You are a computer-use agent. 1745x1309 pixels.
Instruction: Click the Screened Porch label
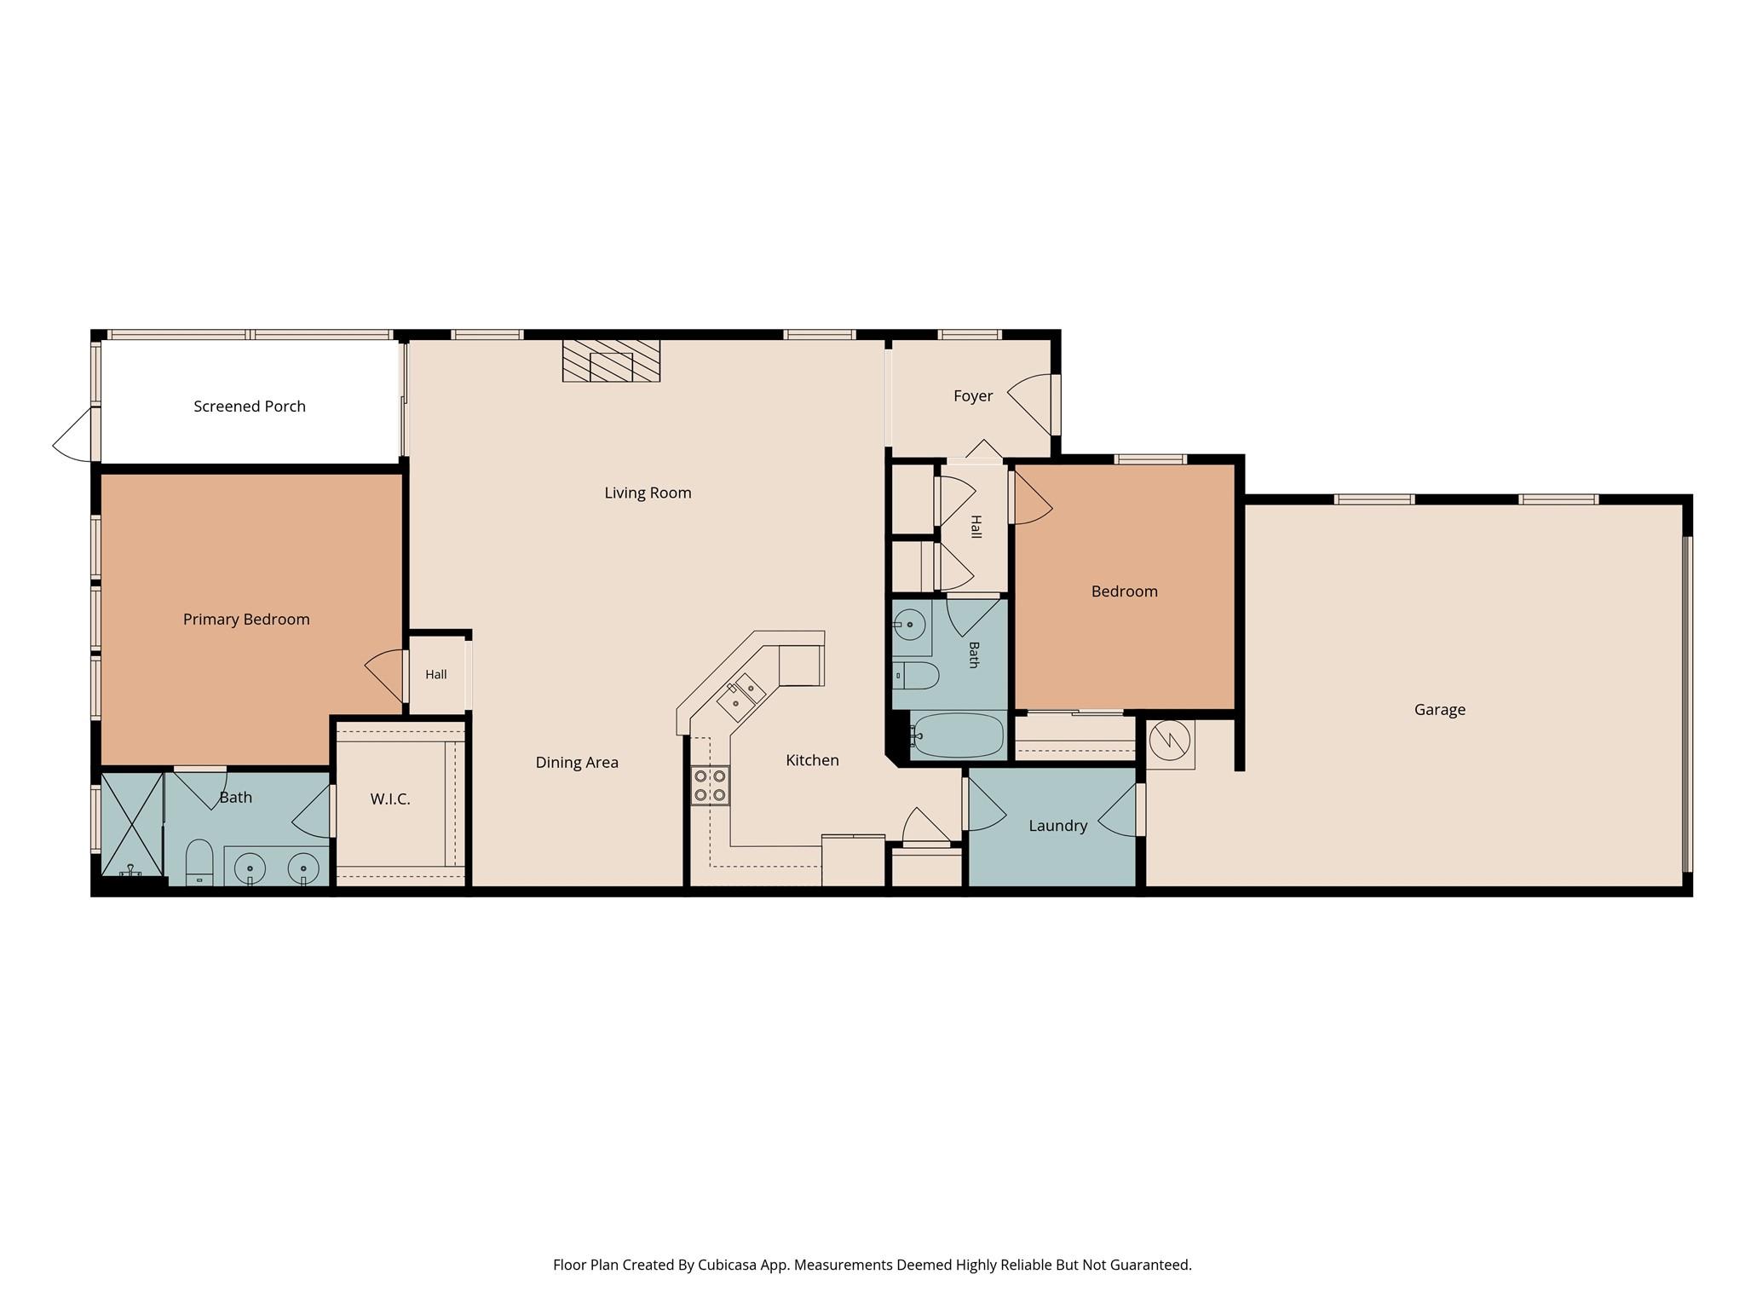[250, 407]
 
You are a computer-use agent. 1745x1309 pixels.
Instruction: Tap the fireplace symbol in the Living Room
[611, 360]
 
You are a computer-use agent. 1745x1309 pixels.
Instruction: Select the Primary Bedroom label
[246, 620]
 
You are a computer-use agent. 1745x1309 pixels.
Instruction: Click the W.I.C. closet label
[390, 799]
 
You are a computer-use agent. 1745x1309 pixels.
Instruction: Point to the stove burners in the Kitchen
[710, 786]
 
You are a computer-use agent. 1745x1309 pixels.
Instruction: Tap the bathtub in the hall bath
[958, 735]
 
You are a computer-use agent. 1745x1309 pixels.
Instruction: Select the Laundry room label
[1057, 826]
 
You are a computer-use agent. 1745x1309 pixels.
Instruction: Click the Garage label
[1440, 709]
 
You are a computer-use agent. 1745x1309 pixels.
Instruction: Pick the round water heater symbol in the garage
[1170, 741]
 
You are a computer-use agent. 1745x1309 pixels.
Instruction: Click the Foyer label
[973, 396]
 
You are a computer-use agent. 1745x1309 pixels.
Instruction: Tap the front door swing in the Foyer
[1031, 404]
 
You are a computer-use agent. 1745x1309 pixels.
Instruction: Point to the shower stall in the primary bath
[132, 824]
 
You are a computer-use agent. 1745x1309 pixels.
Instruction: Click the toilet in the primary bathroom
[199, 862]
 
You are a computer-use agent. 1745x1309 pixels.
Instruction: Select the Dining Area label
[577, 763]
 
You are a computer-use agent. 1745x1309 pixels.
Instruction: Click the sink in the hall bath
[909, 625]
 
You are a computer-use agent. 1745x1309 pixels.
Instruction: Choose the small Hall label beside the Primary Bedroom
[436, 675]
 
